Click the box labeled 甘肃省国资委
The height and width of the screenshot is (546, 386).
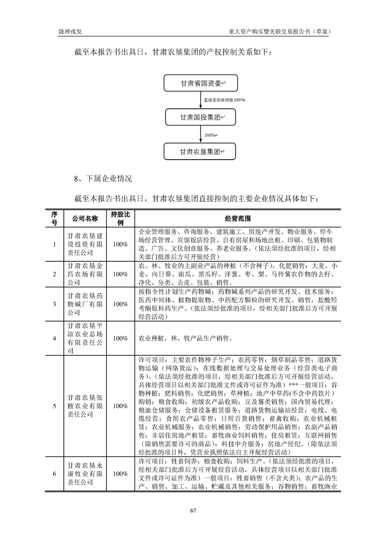(201, 84)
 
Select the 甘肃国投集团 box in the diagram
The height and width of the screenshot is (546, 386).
(201, 117)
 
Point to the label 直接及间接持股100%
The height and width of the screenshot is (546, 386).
(224, 100)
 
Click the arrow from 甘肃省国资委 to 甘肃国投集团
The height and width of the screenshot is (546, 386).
(201, 100)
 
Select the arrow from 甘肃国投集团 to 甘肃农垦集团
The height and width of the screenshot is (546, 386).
(201, 135)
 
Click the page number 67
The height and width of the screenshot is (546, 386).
(193, 510)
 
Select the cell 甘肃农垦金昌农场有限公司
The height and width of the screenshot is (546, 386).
(85, 274)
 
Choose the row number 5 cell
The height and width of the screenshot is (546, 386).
(55, 406)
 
